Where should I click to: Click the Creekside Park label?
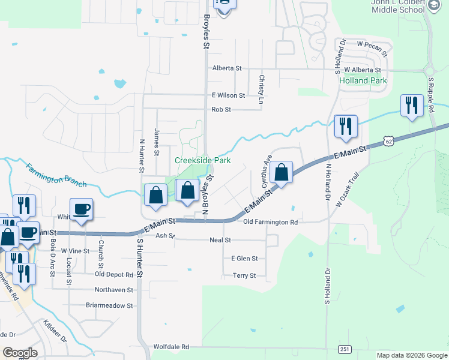pos(203,160)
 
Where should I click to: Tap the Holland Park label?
pos(363,80)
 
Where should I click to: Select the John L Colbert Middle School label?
pos(401,7)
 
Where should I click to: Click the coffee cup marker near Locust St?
pos(82,209)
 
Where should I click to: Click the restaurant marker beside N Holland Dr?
pos(346,126)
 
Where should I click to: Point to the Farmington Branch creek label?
pos(56,175)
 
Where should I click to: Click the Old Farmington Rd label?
pos(271,222)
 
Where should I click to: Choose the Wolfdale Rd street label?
pos(171,347)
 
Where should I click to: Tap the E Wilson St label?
pos(228,95)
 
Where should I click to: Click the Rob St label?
pos(221,110)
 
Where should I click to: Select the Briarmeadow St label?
pos(109,305)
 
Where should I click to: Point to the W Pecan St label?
pos(372,44)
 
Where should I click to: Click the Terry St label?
pos(244,276)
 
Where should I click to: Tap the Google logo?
pos(20,352)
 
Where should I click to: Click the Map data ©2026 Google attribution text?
pos(411,355)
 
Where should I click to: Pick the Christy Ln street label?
pos(261,89)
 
